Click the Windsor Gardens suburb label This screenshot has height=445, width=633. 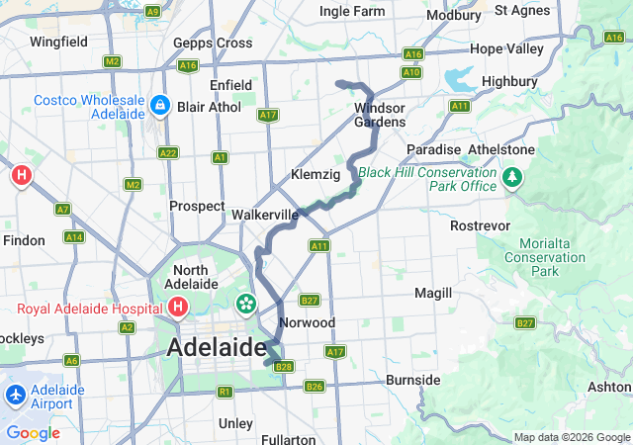pos(380,114)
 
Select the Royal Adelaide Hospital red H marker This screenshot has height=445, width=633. pos(177,308)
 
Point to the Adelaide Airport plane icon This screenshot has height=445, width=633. pos(15,395)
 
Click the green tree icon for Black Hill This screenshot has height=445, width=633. pos(512,178)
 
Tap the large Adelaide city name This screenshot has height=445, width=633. pos(217,348)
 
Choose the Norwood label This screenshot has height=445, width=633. pos(308,323)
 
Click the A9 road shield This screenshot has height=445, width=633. pos(152,12)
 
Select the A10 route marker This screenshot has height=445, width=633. pos(411,72)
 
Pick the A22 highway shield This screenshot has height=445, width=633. pos(168,152)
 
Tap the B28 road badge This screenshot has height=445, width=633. pos(285,367)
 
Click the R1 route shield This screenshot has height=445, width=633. pos(225,392)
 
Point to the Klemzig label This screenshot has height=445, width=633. pos(316,175)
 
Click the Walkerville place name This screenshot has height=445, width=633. pos(264,214)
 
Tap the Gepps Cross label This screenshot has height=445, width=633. pos(213,44)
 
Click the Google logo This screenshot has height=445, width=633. pos(33,433)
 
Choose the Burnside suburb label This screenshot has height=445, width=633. pos(412,380)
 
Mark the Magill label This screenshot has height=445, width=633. pos(433,294)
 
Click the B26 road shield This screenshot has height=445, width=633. pos(315,386)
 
